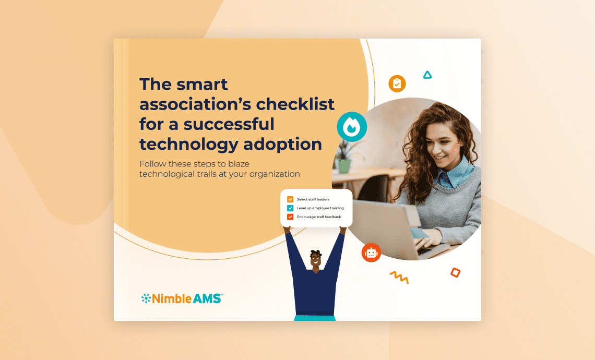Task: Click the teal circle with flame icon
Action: pos(352,127)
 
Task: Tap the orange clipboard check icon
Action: pos(397,83)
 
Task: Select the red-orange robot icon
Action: pos(371,253)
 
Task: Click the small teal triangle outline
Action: pos(427,75)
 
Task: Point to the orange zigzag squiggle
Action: pos(399,277)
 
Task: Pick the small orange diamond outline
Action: pos(455,272)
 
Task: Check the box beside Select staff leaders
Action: pos(290,199)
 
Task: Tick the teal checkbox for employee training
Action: pos(290,208)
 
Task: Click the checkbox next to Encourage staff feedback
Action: pos(290,217)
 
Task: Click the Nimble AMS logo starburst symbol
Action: pos(146,298)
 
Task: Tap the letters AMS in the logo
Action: pos(208,298)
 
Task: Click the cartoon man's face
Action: pos(316,261)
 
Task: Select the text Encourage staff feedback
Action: pos(319,217)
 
